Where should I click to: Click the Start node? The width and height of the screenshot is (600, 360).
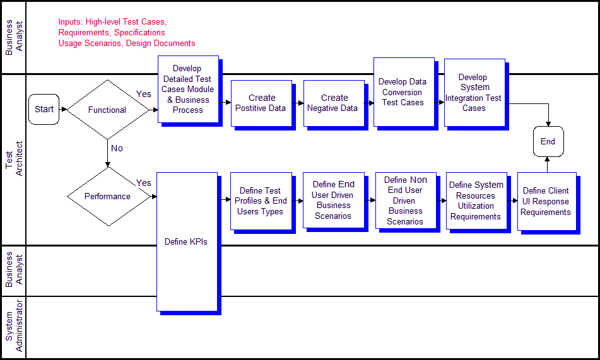click(x=44, y=109)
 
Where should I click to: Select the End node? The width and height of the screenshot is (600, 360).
click(x=548, y=141)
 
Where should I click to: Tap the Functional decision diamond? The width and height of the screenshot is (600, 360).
click(x=107, y=110)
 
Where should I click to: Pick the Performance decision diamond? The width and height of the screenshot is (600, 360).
click(x=107, y=196)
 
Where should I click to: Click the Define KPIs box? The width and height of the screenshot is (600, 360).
click(x=186, y=241)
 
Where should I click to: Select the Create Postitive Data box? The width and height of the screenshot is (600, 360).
click(x=261, y=103)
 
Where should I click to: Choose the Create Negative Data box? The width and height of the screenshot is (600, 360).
click(x=333, y=103)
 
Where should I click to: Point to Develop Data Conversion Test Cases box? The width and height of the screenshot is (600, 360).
click(x=403, y=92)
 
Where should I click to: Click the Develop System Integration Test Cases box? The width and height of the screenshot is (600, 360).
click(x=474, y=93)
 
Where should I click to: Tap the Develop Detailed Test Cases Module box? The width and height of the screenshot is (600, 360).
click(x=188, y=89)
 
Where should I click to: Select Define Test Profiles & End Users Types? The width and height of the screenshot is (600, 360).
click(x=261, y=201)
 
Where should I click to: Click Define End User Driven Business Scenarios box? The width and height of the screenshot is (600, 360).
click(x=333, y=200)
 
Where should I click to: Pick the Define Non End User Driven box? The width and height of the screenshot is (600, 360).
click(x=405, y=200)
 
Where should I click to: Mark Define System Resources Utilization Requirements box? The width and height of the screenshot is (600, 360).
click(x=476, y=200)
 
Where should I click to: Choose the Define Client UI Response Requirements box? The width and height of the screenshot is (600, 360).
click(x=546, y=201)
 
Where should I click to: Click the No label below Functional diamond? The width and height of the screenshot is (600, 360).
click(x=117, y=148)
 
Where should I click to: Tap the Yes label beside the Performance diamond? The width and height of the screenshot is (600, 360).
click(x=144, y=183)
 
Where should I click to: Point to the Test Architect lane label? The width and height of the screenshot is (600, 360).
click(x=13, y=159)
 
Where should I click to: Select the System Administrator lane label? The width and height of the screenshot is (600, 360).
click(x=13, y=327)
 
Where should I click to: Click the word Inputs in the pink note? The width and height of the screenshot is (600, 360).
click(x=71, y=22)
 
